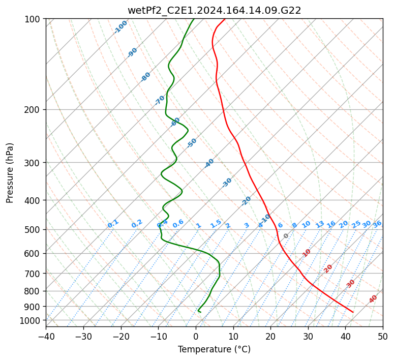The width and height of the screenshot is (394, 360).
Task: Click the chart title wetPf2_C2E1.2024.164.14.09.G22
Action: pyautogui.click(x=214, y=10)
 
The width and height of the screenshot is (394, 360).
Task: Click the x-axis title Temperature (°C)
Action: pyautogui.click(x=214, y=349)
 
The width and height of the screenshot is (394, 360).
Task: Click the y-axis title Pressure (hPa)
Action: pyautogui.click(x=10, y=173)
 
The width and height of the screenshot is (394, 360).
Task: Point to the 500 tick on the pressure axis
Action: pyautogui.click(x=33, y=229)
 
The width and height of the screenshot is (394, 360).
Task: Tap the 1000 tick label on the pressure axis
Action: pyautogui.click(x=31, y=320)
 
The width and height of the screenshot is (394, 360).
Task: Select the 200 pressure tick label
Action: pyautogui.click(x=33, y=109)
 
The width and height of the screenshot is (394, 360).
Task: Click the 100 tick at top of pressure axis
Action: pyautogui.click(x=33, y=19)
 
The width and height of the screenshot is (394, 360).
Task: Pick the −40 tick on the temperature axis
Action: pyautogui.click(x=46, y=336)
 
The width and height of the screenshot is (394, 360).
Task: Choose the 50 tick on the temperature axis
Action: pyautogui.click(x=383, y=336)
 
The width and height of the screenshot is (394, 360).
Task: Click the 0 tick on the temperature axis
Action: pyautogui.click(x=196, y=336)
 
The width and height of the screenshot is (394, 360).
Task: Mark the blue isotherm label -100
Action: pyautogui.click(x=120, y=27)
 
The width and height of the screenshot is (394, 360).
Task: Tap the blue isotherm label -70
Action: pyautogui.click(x=160, y=100)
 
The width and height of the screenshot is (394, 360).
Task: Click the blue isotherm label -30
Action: pyautogui.click(x=227, y=183)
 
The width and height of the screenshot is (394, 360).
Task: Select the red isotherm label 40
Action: pyautogui.click(x=373, y=299)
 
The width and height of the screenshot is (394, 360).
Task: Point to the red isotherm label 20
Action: pyautogui.click(x=328, y=268)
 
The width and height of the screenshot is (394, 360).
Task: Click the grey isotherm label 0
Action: pyautogui.click(x=286, y=236)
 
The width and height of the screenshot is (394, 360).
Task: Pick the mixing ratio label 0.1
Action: pyautogui.click(x=113, y=224)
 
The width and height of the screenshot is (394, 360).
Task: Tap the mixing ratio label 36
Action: pyautogui.click(x=377, y=224)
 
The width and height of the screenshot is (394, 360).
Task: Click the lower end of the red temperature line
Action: pyautogui.click(x=353, y=312)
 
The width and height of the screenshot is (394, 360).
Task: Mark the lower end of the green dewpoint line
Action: pyautogui.click(x=199, y=311)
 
